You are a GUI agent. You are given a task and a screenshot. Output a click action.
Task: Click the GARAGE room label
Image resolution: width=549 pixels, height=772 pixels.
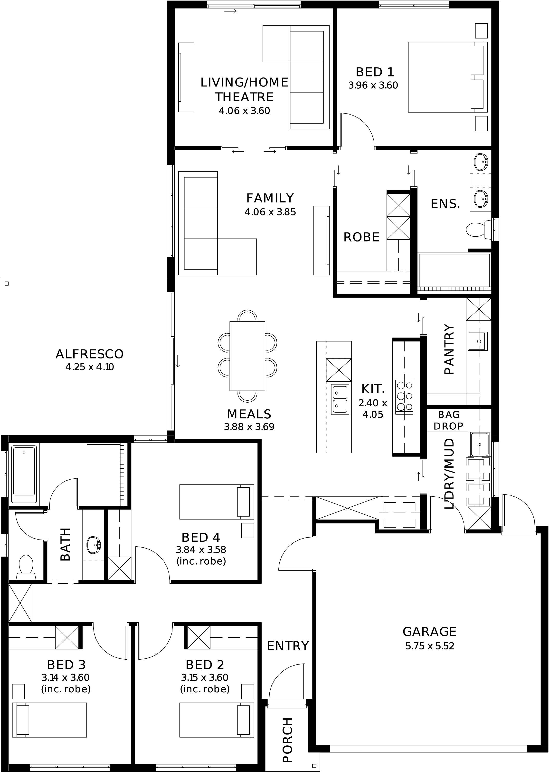[x=429, y=631]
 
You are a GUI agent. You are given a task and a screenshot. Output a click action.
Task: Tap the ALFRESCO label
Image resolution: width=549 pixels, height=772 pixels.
[x=90, y=354]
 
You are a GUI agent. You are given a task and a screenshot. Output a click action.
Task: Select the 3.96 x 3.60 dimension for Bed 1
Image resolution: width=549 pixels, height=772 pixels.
[x=373, y=85]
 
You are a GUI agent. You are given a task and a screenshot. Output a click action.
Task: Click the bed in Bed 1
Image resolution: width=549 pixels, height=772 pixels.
[x=448, y=77]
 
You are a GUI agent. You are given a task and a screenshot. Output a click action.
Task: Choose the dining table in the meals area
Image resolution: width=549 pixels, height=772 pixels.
[x=247, y=356]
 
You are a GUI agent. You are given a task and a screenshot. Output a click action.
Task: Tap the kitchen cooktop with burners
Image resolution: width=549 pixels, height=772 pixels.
[x=404, y=396]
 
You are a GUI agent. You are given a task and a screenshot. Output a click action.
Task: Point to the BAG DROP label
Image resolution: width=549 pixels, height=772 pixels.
[x=449, y=420]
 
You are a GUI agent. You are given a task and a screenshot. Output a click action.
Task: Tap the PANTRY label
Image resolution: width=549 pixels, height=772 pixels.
[x=449, y=349]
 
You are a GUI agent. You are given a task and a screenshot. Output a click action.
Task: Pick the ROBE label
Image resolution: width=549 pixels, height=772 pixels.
[x=361, y=237]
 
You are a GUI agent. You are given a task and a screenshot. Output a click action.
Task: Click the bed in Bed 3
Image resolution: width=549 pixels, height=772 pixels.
[x=49, y=720]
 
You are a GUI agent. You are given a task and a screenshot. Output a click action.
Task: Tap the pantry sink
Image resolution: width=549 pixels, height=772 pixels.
[x=478, y=341]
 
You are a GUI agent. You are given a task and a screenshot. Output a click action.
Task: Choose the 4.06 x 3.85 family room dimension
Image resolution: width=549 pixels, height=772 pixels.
[x=270, y=212]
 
